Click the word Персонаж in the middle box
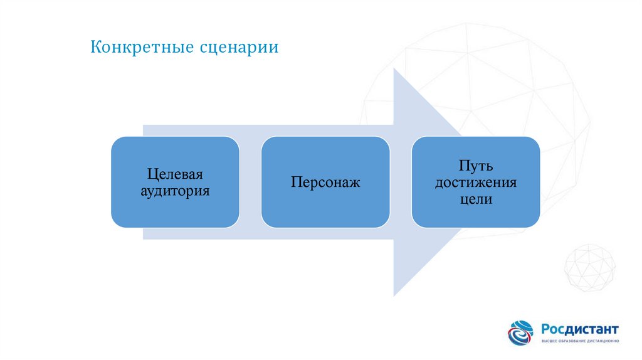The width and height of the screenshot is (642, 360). (x=325, y=183)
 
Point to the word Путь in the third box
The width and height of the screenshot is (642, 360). (x=475, y=166)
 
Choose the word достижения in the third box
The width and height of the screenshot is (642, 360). (x=475, y=183)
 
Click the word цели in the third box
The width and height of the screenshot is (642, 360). (x=475, y=199)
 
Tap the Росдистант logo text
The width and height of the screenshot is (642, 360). (x=581, y=329)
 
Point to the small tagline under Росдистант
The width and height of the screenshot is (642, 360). (x=581, y=341)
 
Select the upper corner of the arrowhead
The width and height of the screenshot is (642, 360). (x=394, y=69)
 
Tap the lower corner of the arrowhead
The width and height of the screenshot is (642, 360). (x=394, y=295)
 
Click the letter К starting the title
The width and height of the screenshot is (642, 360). (x=95, y=48)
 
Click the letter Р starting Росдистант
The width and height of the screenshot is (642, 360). (x=546, y=329)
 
